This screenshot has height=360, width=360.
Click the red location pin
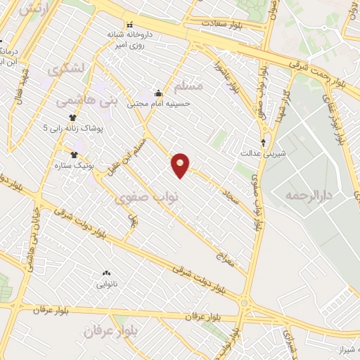(x=181, y=165)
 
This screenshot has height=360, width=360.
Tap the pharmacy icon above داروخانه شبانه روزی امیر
(x=129, y=25)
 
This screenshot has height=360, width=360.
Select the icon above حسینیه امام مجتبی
(x=158, y=93)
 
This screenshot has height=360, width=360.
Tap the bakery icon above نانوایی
(x=106, y=273)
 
